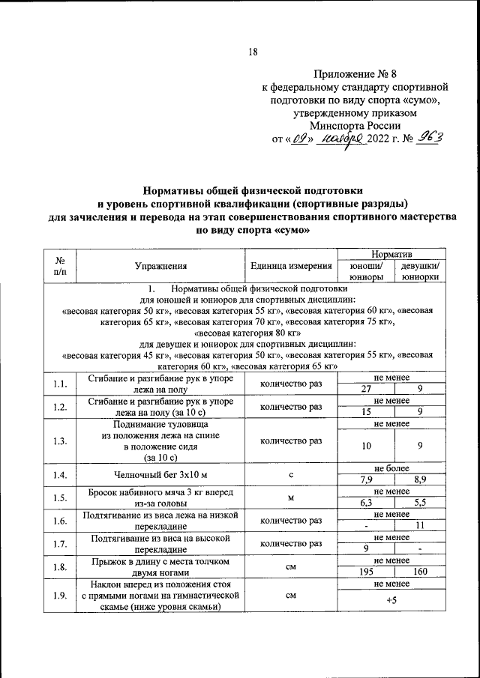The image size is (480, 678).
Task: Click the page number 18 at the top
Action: [x=252, y=52]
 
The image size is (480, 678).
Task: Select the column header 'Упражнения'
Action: [x=160, y=265]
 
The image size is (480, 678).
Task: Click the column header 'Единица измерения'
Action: [x=290, y=265]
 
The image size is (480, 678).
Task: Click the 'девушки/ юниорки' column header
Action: [x=420, y=270]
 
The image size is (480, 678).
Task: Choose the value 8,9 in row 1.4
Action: [x=420, y=479]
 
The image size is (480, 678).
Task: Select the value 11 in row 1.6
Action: [x=420, y=525]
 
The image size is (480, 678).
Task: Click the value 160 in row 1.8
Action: [x=420, y=572]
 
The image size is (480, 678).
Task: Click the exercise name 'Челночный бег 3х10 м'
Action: [x=160, y=475]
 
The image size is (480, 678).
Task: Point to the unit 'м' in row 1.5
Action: [x=290, y=497]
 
